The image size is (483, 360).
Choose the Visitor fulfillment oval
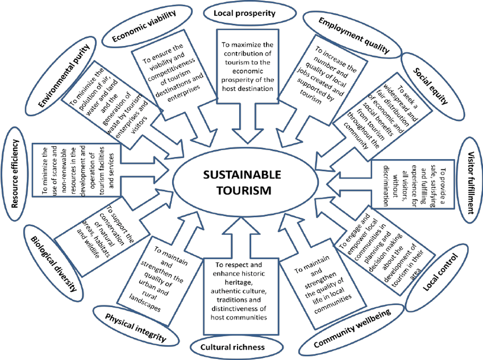click(x=469, y=181)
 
